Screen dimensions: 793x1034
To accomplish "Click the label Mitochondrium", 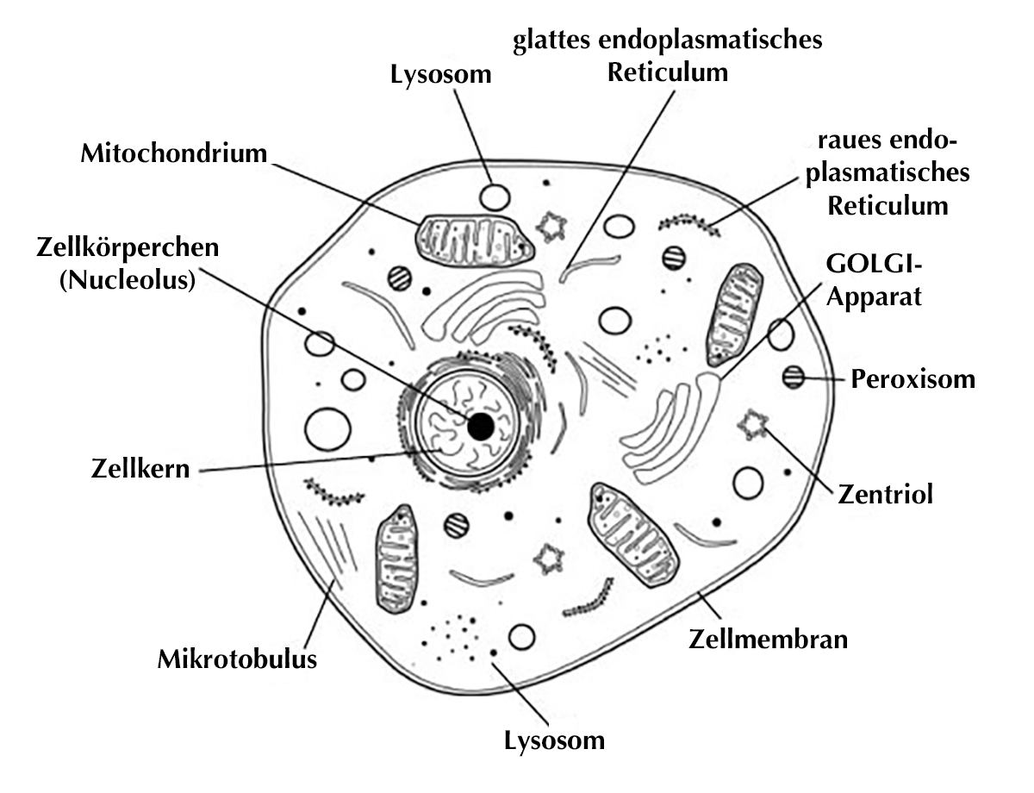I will [172, 153].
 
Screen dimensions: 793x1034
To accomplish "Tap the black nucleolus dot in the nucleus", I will [480, 425].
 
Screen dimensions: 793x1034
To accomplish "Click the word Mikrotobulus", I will [237, 660].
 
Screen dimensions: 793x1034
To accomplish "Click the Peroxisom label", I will [913, 379].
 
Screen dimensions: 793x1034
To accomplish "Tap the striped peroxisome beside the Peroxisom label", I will [793, 377].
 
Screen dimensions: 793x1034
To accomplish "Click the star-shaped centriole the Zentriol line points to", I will [753, 423].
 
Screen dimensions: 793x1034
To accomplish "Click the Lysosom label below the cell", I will [554, 740].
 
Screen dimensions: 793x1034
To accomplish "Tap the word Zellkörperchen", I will [127, 247].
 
